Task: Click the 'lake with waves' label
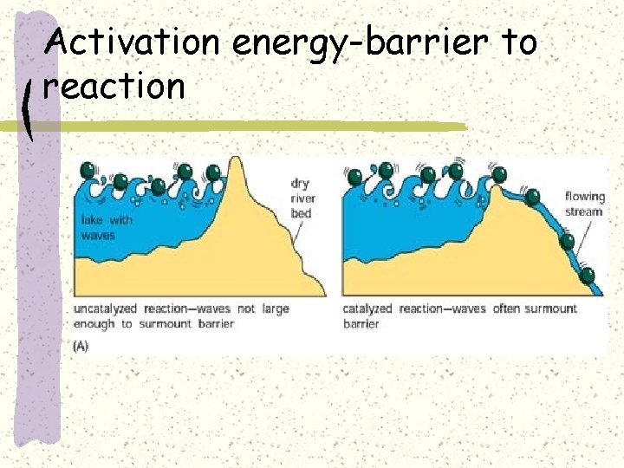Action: [x=107, y=228]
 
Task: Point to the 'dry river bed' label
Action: [x=302, y=198]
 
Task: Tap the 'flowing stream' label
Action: [x=584, y=203]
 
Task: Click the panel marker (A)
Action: [x=81, y=345]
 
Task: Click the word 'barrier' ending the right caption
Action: [x=361, y=323]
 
